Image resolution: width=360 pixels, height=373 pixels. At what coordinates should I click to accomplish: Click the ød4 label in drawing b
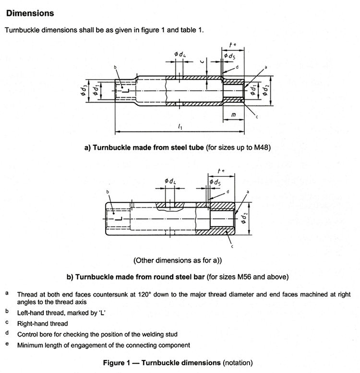[170, 181]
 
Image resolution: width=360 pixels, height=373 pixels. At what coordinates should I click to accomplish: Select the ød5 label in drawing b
[216, 182]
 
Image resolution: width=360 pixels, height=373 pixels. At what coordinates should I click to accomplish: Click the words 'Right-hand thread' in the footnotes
[42, 324]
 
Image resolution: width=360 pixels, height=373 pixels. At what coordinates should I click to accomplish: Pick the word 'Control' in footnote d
[28, 334]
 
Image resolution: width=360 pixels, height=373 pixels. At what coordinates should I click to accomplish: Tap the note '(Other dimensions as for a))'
[180, 260]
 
